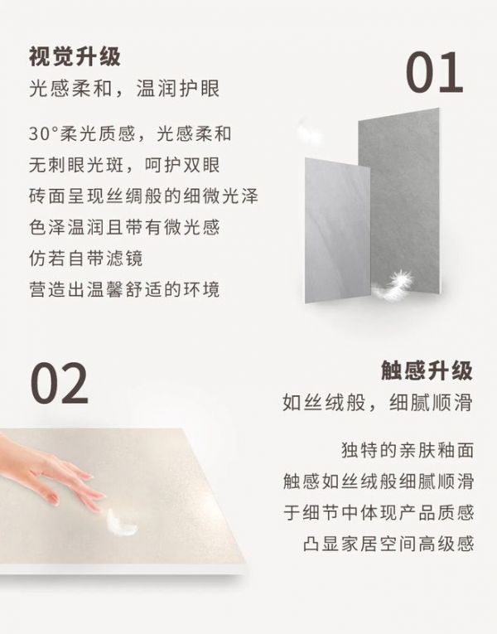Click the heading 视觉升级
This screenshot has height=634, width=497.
point(75,56)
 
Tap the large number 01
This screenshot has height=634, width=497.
point(434,73)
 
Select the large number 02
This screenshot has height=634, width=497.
point(59,384)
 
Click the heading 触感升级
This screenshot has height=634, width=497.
point(427,370)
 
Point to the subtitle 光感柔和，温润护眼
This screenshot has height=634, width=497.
point(124,89)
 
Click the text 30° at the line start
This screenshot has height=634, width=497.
point(44,133)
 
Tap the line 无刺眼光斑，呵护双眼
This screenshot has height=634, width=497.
point(124,165)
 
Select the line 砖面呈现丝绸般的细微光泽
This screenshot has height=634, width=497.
point(143,196)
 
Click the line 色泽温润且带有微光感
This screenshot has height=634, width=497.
point(124,227)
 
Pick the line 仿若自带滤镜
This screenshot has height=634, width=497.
point(85,259)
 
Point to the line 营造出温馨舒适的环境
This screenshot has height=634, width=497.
point(124,289)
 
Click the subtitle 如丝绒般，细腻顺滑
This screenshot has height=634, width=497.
point(378,403)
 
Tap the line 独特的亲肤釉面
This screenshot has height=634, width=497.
point(408,450)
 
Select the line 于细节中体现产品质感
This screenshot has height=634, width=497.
point(379,513)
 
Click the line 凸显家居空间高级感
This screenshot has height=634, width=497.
point(388,544)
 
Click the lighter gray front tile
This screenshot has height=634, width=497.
point(337,230)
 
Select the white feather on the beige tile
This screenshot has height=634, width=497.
point(121,523)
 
